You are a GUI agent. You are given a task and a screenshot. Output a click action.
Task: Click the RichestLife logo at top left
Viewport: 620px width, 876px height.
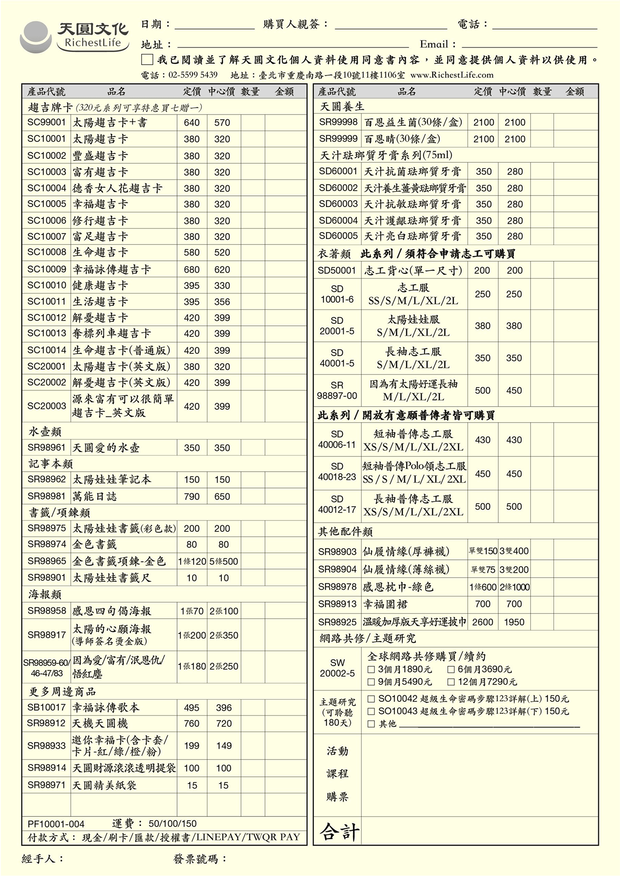pos(75,36)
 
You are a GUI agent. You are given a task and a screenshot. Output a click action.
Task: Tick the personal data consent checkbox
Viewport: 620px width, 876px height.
pos(147,60)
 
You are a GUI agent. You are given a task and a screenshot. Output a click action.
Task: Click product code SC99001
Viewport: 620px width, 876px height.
pos(46,122)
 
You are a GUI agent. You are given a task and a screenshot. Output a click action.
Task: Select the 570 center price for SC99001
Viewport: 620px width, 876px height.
pos(222,123)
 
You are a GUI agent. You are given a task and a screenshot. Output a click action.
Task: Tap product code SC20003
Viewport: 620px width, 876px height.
pos(46,406)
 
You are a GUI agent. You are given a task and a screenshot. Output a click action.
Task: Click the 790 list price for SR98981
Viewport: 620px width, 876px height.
pos(192,496)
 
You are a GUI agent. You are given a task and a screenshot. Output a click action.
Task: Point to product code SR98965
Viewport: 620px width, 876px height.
pos(46,561)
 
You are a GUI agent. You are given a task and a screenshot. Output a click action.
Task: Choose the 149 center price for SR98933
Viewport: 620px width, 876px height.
pos(224,746)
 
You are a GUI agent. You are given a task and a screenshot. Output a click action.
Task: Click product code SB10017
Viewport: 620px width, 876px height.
pos(46,707)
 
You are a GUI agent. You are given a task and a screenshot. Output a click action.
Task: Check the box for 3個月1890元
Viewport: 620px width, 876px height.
pos(371,670)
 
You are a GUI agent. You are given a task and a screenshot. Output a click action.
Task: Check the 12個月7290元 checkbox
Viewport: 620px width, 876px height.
pos(451,682)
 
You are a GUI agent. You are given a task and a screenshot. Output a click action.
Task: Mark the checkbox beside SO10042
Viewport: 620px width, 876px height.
pos(371,699)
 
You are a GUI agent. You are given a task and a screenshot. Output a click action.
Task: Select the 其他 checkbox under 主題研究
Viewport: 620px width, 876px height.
pos(371,724)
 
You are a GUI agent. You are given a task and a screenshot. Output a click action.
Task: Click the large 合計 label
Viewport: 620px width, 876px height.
pos(340,832)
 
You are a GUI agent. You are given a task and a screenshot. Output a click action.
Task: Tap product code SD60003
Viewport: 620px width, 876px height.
pos(338,204)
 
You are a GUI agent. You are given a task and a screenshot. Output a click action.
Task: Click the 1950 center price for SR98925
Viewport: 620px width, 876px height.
pos(514,622)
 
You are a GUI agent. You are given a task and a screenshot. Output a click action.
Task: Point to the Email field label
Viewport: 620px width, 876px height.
pos(438,45)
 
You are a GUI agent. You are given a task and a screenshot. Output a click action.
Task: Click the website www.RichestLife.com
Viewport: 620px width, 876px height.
pos(452,75)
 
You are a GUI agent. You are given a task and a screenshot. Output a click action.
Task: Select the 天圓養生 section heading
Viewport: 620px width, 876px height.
pos(342,106)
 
